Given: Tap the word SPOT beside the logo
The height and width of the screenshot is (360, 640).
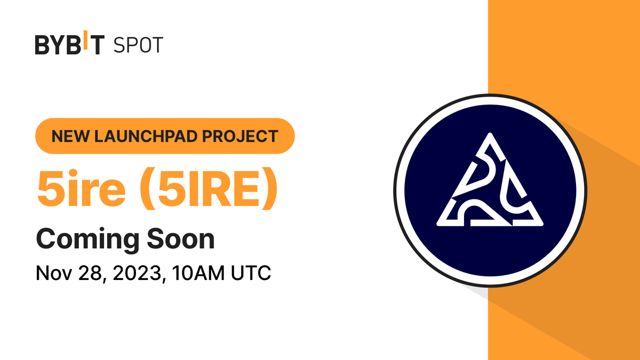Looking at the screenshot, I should point(138,45).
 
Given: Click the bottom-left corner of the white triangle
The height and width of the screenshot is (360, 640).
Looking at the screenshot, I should point(439,223).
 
